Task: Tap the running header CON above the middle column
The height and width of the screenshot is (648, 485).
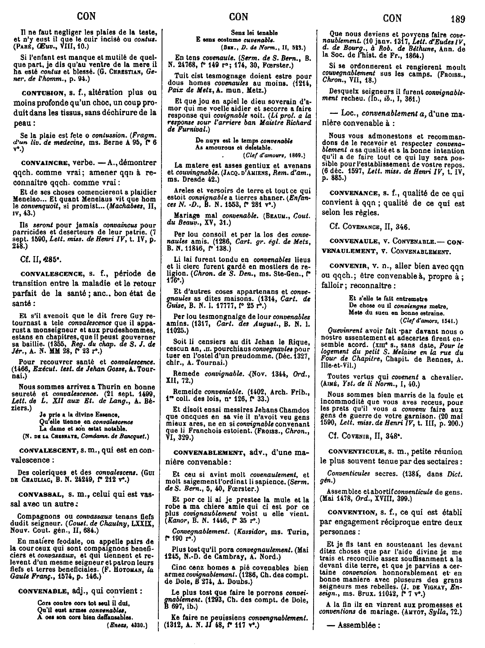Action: [239, 18]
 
